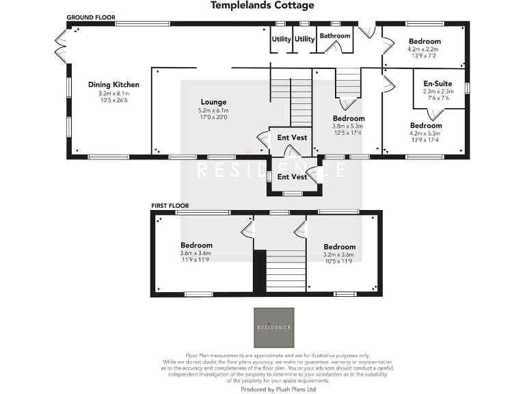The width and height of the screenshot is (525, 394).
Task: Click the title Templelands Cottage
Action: (262, 5)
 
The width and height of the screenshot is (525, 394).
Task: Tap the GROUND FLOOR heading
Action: (91, 16)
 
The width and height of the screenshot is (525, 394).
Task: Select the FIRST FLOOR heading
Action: (170, 205)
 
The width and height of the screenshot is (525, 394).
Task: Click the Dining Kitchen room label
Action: (113, 85)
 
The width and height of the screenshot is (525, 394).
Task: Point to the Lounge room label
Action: (213, 102)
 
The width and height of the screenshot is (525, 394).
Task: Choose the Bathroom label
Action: (335, 36)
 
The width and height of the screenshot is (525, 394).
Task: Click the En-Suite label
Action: (438, 83)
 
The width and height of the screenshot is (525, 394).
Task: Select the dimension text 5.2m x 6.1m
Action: (213, 110)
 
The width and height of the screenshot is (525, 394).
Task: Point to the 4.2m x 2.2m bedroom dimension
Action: (424, 49)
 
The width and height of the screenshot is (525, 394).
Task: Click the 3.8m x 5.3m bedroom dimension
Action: (348, 126)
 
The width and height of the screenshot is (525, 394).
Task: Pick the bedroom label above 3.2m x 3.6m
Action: (340, 247)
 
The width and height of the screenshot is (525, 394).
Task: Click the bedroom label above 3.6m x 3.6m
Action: (196, 245)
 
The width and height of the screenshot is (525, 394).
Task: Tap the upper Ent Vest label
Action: (292, 137)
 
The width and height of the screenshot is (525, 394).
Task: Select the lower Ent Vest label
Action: (292, 176)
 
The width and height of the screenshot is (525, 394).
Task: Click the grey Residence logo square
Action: (274, 328)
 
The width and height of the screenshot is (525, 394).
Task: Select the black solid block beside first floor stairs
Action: (259, 271)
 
